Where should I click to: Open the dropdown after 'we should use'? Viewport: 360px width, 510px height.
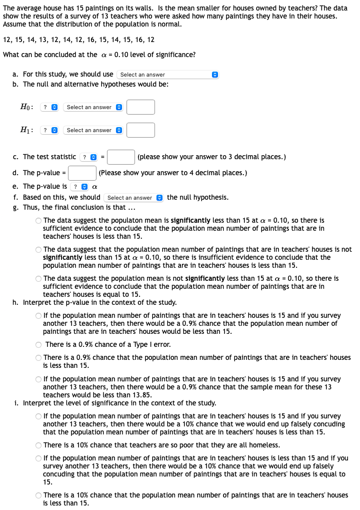[x=167, y=75]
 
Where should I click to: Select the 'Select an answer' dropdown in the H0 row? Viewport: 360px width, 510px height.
[x=93, y=107]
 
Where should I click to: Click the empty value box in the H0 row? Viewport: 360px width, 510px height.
[x=140, y=107]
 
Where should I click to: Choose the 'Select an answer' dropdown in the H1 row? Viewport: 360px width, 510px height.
[x=93, y=130]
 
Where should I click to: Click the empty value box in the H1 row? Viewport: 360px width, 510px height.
[x=140, y=130]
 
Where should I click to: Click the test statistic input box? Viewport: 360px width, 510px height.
[x=120, y=157]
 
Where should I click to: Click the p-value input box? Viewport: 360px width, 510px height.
[x=82, y=173]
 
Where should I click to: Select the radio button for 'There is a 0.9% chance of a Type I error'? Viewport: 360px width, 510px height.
[x=38, y=345]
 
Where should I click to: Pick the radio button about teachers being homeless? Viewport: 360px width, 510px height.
[x=38, y=445]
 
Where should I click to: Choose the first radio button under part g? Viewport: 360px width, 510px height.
[x=38, y=221]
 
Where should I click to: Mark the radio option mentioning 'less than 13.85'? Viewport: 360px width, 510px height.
[x=38, y=379]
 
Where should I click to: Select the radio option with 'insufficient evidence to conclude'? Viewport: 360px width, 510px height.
[x=38, y=250]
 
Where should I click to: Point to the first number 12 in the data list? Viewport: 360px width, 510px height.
[x=7, y=40]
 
